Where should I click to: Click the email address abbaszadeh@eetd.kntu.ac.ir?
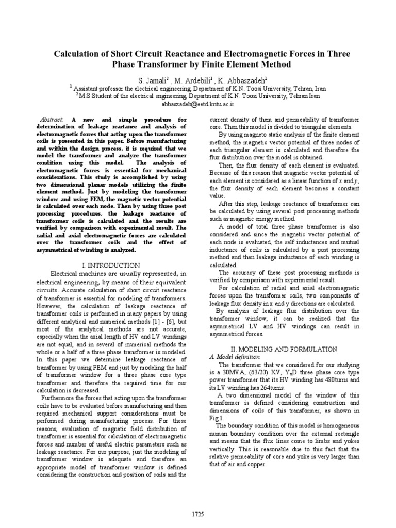pos(198,103)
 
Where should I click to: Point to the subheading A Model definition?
pos(235,356)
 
